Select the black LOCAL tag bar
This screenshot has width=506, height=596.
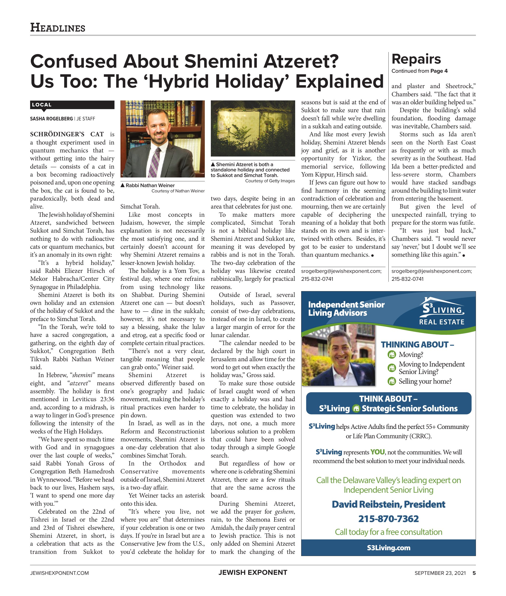72,105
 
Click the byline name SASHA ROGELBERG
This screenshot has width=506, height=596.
51,119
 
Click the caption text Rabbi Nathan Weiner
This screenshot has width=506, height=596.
150,185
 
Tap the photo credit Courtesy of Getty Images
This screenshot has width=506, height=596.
270,181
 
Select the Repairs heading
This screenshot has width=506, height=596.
416,59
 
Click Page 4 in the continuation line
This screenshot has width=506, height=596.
439,71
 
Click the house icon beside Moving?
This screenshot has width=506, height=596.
392,355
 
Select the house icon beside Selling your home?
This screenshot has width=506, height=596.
392,381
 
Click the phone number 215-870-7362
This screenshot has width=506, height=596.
388,519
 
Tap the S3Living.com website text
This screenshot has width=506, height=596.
388,548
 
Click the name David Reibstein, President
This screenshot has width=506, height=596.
388,504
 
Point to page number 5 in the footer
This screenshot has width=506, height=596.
474,573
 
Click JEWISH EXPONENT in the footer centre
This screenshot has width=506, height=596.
253,572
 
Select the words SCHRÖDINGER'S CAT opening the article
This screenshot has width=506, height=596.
67,134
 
